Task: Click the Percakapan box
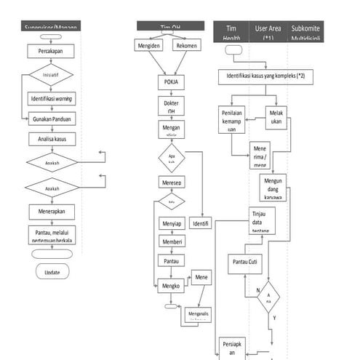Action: point(50,52)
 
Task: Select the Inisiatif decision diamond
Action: point(50,75)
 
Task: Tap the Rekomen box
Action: point(186,46)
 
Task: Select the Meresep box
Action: point(171,182)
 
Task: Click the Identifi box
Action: point(200,223)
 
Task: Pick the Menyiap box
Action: point(172,223)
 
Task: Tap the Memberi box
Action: point(172,241)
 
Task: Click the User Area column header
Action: point(263,32)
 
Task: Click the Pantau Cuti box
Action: point(245,261)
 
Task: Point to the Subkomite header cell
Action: point(306,32)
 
